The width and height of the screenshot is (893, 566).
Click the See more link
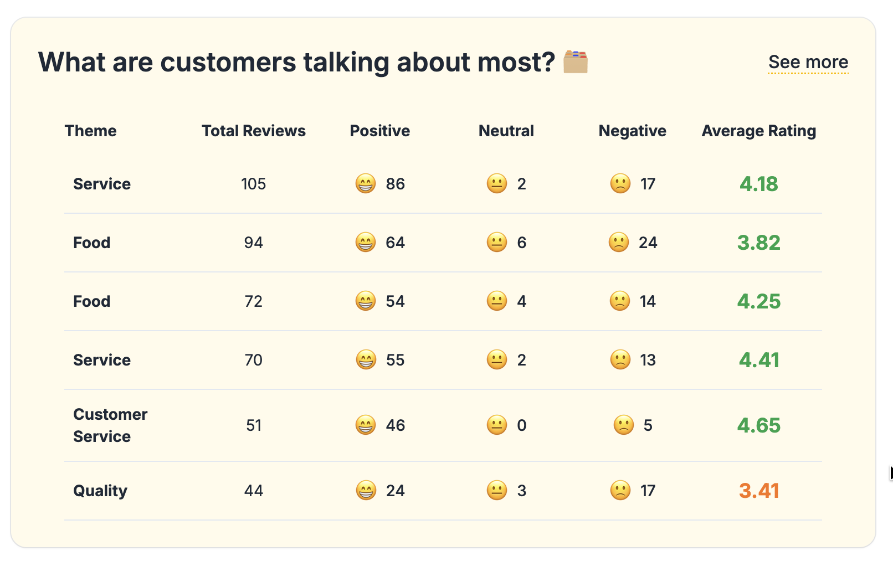coord(808,62)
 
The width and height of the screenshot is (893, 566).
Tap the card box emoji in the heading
coord(576,62)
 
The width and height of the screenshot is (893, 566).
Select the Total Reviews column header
coord(253,131)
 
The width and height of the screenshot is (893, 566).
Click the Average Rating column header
coord(758,131)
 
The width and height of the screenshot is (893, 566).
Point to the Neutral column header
coord(506,131)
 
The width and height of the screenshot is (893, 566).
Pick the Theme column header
coord(90,131)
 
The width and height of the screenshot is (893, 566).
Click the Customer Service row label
coord(110,425)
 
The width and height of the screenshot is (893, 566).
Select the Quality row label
coord(100,491)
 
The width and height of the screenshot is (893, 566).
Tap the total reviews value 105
coord(253,184)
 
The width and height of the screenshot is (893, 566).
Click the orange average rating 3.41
coord(758,491)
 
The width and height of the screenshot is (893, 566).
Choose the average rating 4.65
coord(758,425)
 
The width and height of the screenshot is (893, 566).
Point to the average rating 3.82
coord(758,243)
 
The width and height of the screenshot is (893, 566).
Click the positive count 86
coord(395,184)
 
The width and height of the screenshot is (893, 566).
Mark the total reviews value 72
coord(253,301)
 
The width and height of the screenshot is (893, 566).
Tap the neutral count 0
coord(521,425)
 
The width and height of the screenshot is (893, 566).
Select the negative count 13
coord(648,360)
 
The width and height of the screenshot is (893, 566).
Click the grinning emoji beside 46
coord(366,425)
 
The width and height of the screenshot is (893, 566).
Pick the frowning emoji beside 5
coord(623,425)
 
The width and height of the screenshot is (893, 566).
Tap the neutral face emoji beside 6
coord(497,243)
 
